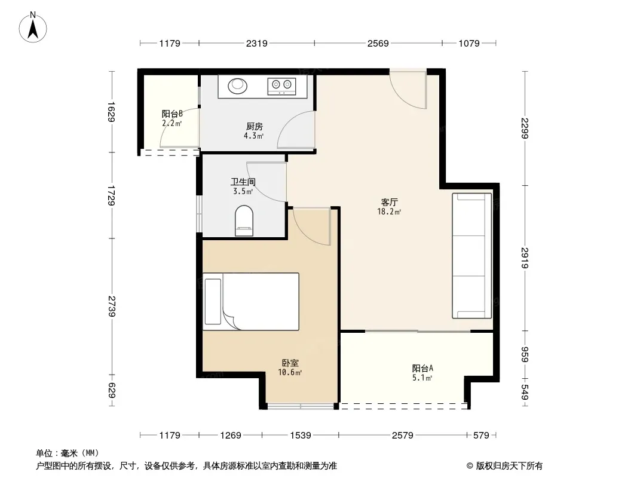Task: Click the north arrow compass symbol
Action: (33, 27)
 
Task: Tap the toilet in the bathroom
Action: (244, 220)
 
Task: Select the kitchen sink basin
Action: (237, 85)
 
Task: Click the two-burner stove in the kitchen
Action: (281, 86)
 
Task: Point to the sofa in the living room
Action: (471, 256)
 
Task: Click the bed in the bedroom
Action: (250, 301)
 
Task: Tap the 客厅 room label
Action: (389, 202)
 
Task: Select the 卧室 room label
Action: (290, 363)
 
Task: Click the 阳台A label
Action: (422, 368)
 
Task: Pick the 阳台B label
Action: (172, 114)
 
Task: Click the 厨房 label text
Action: (255, 126)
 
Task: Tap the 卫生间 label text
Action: (243, 182)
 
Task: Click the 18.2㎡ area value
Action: (389, 212)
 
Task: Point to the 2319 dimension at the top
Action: (257, 43)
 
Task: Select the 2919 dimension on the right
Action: (525, 258)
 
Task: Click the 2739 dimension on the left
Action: (112, 307)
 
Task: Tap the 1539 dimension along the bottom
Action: (300, 436)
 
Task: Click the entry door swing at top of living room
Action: (408, 90)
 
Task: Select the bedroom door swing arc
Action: (311, 226)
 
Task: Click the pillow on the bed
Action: (213, 301)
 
